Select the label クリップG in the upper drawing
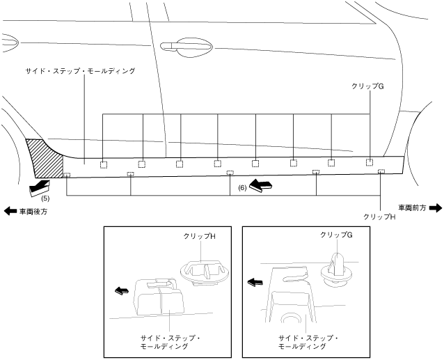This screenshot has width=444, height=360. pyautogui.click(x=369, y=86)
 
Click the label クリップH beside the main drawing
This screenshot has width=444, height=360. pyautogui.click(x=380, y=217)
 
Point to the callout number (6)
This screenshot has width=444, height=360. pyautogui.click(x=242, y=188)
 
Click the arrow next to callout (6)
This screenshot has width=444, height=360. pyautogui.click(x=260, y=186)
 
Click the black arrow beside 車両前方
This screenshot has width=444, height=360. pyautogui.click(x=436, y=208)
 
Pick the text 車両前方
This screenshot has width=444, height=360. pyautogui.click(x=413, y=208)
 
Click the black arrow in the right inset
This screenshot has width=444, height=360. pyautogui.click(x=255, y=283)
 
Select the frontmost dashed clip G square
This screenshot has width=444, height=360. pyautogui.click(x=370, y=162)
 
